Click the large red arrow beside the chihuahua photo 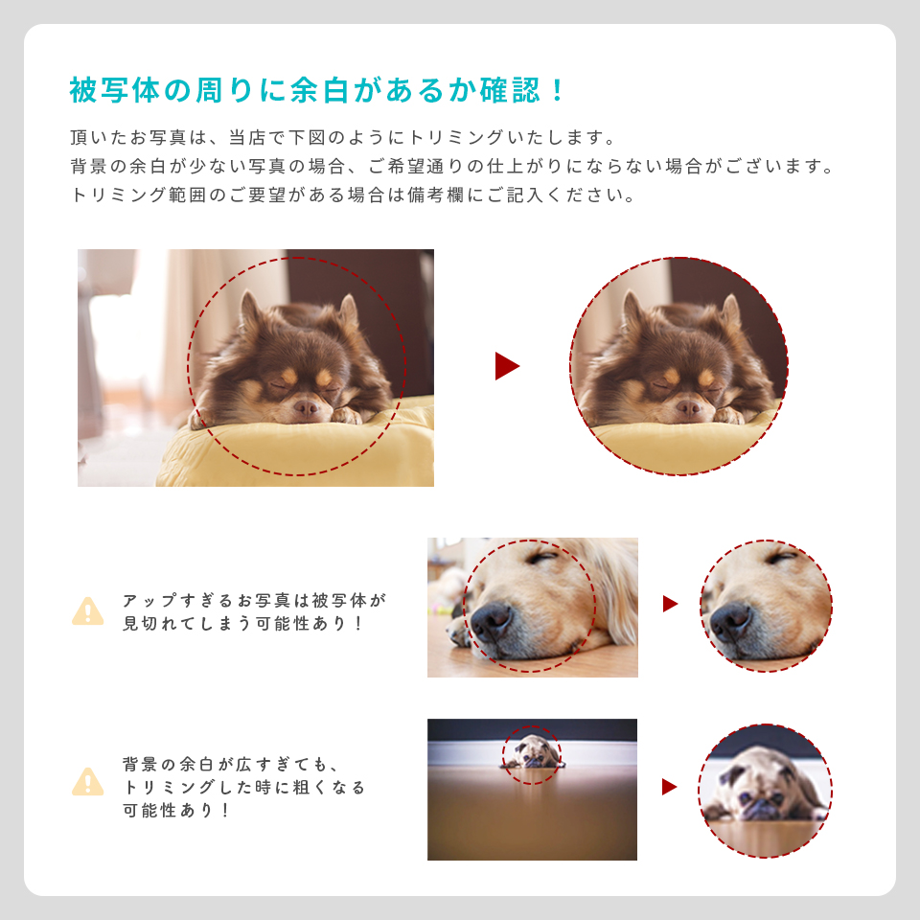pyautogui.click(x=506, y=366)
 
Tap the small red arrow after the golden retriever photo pyautogui.click(x=670, y=604)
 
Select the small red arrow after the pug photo pyautogui.click(x=669, y=787)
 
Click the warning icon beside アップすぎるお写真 pyautogui.click(x=88, y=611)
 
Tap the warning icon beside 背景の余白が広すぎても pyautogui.click(x=88, y=782)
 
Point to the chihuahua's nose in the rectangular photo pyautogui.click(x=307, y=407)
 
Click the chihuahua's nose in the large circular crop pyautogui.click(x=688, y=407)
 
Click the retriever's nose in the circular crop pyautogui.click(x=730, y=620)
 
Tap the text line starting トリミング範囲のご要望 pyautogui.click(x=353, y=195)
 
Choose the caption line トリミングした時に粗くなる pyautogui.click(x=244, y=787)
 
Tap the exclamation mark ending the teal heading pyautogui.click(x=559, y=91)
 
